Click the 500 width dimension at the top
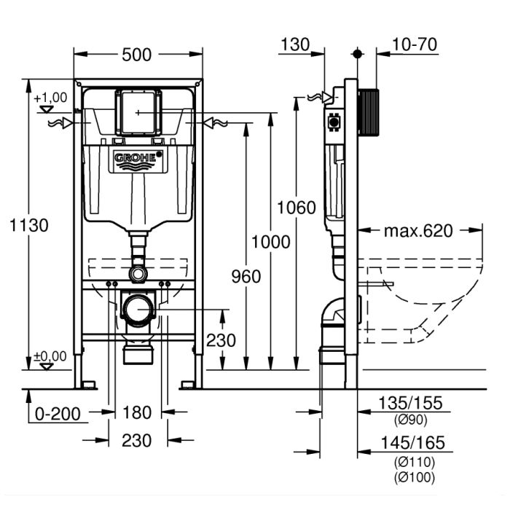coord(137,55)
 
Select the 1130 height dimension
coord(29,225)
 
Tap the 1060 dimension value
coord(296,208)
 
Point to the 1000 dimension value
coord(270,241)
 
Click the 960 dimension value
coord(243,276)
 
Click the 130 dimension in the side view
coord(296,44)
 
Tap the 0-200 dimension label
coord(57,413)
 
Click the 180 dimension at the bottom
coord(136,413)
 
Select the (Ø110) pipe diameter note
coord(412,462)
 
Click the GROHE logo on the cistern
coord(137,160)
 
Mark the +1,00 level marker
coord(50,98)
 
